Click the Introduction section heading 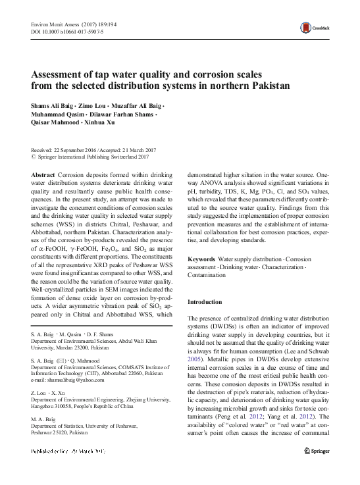point(207,302)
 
